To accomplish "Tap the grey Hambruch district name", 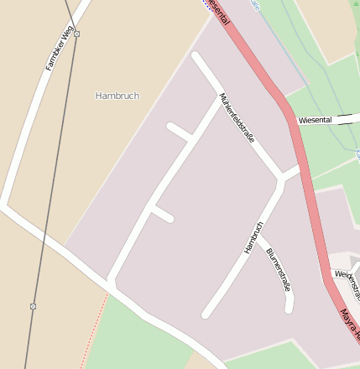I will coord(117,96).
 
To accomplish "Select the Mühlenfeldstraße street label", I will coord(237,117).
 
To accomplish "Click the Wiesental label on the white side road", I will coord(315,121).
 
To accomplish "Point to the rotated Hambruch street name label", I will coord(253,237).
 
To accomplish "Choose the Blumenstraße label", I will coord(279,269).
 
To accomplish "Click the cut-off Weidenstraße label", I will coord(347,283).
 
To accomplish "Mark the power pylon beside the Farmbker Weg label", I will coord(76,34).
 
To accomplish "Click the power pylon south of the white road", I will coord(33,306).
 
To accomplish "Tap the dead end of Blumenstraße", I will coord(290,308).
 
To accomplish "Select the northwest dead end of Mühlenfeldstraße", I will coord(196,57).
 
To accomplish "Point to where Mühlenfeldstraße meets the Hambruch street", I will coord(279,179).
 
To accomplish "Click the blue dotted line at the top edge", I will coord(206,3).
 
